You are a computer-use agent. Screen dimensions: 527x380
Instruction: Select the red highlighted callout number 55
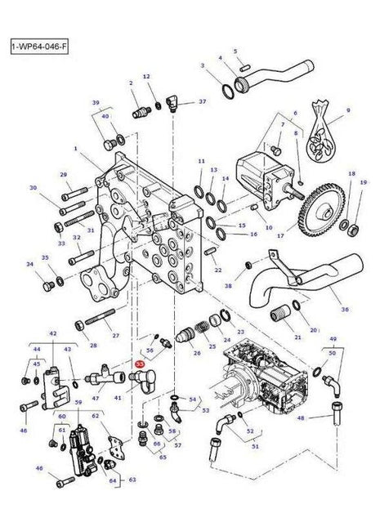pos(139,366)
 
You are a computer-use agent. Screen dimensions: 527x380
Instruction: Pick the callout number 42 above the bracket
pos(53,334)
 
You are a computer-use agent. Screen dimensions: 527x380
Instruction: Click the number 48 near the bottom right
pos(301,418)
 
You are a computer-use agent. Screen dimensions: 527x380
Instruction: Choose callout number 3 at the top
pos(203,65)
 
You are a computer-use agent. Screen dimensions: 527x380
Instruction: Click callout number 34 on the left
pos(29,264)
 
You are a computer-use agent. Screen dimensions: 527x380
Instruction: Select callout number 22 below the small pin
pos(217,270)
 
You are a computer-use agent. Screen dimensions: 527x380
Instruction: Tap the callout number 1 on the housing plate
pos(75,150)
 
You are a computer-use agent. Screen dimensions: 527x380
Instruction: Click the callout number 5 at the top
pos(235,51)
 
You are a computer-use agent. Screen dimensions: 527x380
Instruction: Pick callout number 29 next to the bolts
pos(63,175)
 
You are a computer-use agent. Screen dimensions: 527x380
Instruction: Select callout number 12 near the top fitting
pos(147,77)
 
